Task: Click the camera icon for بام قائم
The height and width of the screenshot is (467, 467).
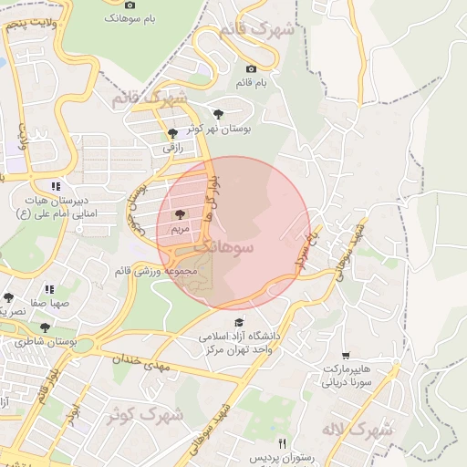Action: coord(252,69)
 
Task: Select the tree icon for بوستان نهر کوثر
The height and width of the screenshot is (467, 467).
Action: coord(218,114)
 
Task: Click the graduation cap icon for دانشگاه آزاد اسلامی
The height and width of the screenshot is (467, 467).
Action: coord(239,322)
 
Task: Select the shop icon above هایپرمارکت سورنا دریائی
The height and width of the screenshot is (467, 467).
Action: coord(345,355)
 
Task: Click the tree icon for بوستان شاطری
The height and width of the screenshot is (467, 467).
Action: coord(45,327)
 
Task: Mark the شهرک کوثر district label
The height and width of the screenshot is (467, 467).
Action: coord(147,416)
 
